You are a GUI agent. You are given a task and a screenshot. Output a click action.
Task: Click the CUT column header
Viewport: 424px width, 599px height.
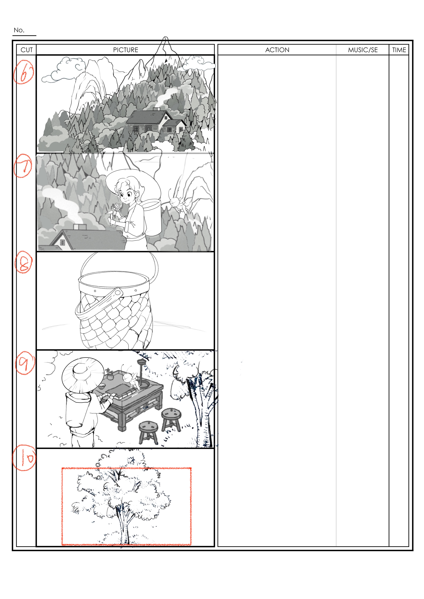point(27,50)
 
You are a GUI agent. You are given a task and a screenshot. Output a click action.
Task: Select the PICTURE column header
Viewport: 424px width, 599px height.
point(126,50)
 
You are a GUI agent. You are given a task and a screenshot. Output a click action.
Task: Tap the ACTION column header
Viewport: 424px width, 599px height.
point(277,50)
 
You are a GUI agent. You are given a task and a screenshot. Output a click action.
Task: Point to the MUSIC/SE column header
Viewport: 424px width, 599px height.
point(363,50)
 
